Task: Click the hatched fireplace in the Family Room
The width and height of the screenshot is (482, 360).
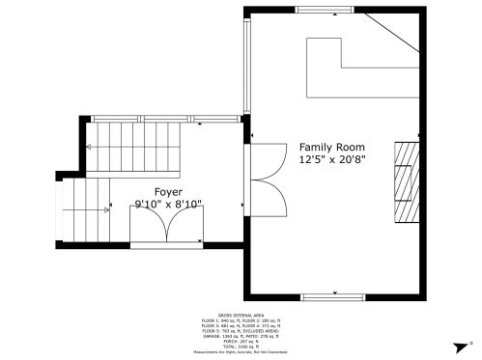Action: pyautogui.click(x=407, y=181)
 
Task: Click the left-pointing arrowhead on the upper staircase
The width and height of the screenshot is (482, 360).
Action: pyautogui.click(x=90, y=146)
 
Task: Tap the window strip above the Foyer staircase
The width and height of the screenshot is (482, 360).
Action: pyautogui.click(x=165, y=119)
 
